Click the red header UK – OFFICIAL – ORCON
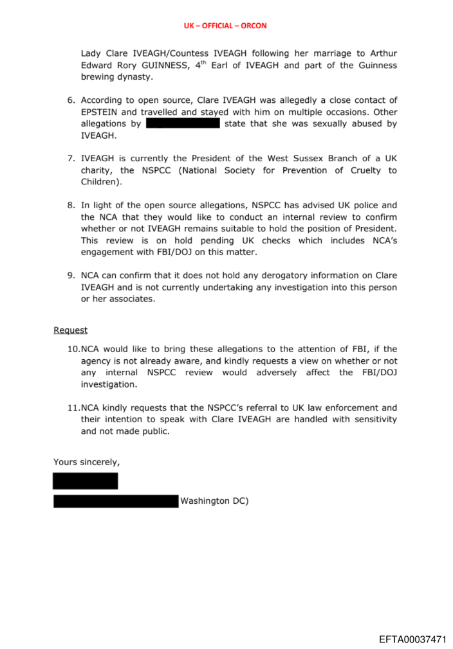[x=225, y=26]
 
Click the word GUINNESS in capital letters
[x=147, y=66]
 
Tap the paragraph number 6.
[x=71, y=100]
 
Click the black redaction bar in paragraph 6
[x=183, y=123]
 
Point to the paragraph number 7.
[x=71, y=159]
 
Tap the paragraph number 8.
[x=71, y=206]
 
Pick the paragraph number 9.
[x=71, y=276]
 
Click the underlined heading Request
[x=70, y=330]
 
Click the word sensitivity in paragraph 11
[x=373, y=420]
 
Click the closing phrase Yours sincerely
[x=86, y=462]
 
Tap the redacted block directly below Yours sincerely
[x=85, y=481]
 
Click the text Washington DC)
[x=214, y=501]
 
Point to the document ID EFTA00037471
[x=412, y=640]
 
